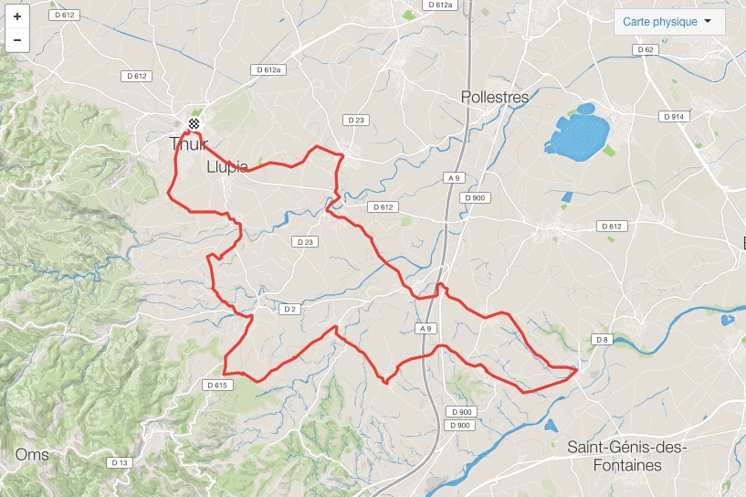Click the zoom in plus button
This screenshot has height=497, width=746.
pos(17,16)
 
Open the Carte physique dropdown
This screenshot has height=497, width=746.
pos(669,22)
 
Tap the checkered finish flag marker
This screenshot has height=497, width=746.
pos(194,123)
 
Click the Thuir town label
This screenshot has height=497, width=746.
pos(189,143)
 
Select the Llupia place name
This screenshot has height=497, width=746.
pos(227,166)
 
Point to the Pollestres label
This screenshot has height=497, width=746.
pos(495,96)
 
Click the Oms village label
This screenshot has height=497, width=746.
pos(32,454)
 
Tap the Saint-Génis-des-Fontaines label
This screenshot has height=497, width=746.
pos(625,455)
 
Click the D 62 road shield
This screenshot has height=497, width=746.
pos(646,49)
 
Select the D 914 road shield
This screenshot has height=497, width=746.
pos(674,117)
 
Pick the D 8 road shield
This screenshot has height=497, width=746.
pos(601,340)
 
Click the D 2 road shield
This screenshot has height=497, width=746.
pos(289,309)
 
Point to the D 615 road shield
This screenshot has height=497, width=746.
pos(216,385)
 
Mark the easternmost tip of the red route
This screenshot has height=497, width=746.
pos(577,369)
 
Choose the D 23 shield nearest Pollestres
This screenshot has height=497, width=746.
pos(355,120)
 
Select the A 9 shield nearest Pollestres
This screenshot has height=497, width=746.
pos(453,177)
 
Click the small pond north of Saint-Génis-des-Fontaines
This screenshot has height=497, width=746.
pos(551,425)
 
